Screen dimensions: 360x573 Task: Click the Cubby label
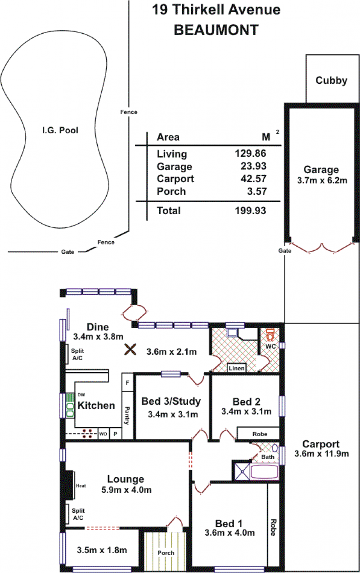tap(331, 81)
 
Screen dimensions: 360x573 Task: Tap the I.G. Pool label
tap(60, 131)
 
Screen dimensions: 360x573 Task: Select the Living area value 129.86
tap(251, 153)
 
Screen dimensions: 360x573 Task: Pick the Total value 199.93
tap(251, 211)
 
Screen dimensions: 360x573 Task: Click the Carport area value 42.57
tap(254, 179)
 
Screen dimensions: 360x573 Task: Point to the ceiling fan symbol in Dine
tap(130, 349)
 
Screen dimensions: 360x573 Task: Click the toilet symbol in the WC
tap(270, 335)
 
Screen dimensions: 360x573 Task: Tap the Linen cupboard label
tap(237, 368)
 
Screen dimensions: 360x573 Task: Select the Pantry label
tap(127, 415)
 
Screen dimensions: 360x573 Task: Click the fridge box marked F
tap(128, 383)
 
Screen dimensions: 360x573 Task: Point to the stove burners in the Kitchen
tap(87, 433)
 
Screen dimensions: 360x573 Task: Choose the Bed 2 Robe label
tap(260, 434)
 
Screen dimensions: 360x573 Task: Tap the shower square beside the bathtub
tap(243, 471)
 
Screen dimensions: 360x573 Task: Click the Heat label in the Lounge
tap(81, 486)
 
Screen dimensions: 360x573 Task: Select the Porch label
tap(166, 553)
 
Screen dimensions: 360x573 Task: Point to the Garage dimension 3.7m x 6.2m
tap(322, 180)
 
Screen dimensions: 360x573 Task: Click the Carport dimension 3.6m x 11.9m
tap(321, 454)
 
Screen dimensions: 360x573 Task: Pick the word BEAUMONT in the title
tap(216, 30)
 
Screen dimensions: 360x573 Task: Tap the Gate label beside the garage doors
tap(284, 251)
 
